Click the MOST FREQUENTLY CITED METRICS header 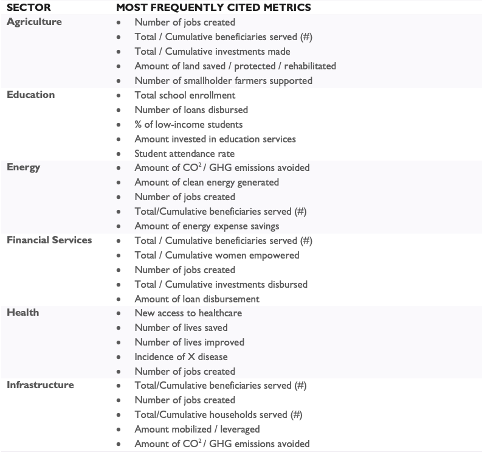point(213,8)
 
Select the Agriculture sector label point(34,22)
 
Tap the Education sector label point(30,95)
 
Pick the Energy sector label point(24,167)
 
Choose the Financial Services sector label point(49,240)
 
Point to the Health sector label point(23,313)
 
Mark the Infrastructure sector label point(40,385)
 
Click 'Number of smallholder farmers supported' point(223,80)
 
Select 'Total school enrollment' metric point(185,95)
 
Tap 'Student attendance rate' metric point(184,153)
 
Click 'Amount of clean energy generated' point(207,182)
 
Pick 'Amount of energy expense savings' point(207,226)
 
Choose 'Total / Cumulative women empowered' point(217,255)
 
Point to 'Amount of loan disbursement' point(197,299)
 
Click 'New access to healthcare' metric point(188,313)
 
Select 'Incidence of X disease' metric point(181,356)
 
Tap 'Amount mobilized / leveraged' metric point(197,429)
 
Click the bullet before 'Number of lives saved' point(118,328)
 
